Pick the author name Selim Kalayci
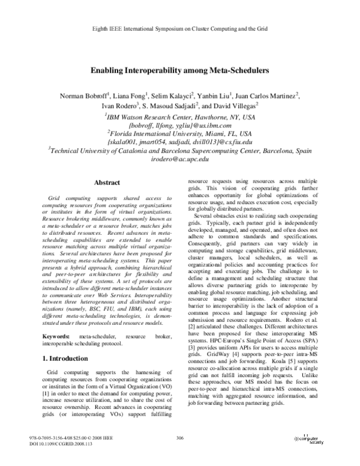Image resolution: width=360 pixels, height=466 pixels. click(x=176, y=97)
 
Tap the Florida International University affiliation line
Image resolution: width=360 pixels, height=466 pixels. click(x=180, y=133)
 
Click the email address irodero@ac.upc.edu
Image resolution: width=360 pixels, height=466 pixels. click(x=180, y=159)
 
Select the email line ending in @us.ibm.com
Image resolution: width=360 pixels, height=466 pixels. click(x=180, y=125)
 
